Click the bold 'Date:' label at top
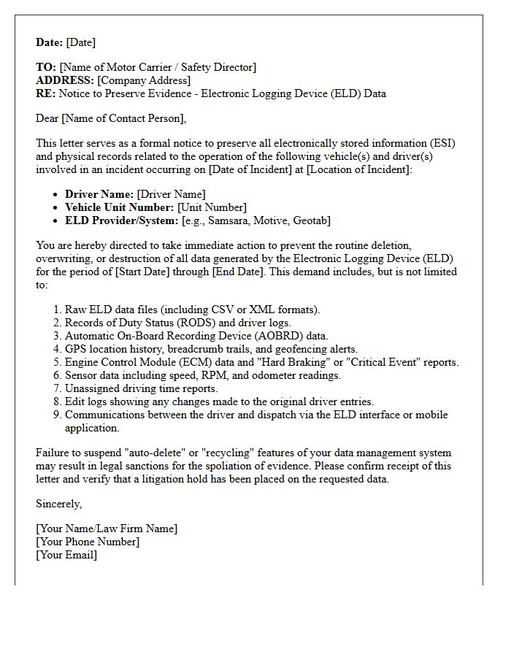tap(50, 42)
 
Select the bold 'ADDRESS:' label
tap(65, 80)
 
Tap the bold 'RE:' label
tap(46, 93)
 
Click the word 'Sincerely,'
tap(59, 504)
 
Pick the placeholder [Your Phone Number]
tap(88, 542)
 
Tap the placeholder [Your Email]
tap(66, 555)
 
